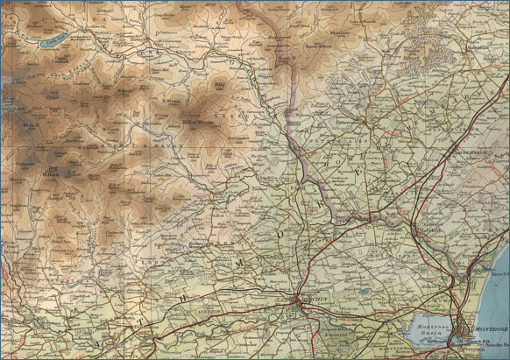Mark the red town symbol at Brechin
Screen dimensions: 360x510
pos(295,303)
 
